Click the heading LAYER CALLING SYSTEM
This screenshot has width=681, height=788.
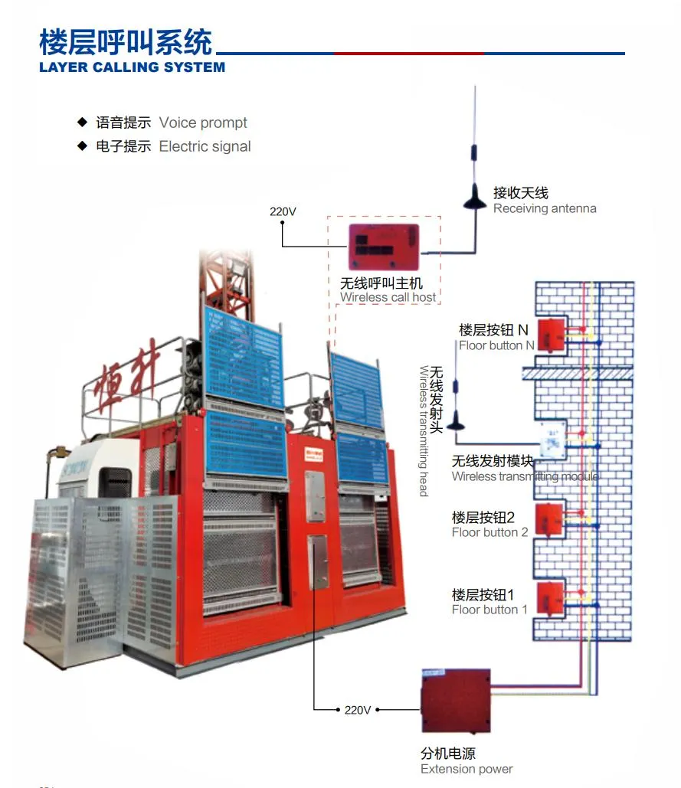pos(132,67)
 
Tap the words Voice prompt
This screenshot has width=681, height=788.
pos(203,123)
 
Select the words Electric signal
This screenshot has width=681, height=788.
pos(205,146)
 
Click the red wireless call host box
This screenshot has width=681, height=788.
pos(385,246)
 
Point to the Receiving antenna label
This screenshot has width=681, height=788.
pos(544,208)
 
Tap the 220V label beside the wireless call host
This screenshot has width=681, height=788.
pos(283,211)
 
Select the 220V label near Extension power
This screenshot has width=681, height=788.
pos(357,710)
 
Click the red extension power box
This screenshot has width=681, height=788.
pos(456,700)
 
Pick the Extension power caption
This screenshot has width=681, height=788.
pos(467,769)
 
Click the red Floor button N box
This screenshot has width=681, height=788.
pos(551,334)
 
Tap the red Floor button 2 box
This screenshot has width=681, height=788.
pos(548,518)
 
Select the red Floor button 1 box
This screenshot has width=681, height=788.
pos(548,597)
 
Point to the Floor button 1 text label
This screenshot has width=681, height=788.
pos(489,610)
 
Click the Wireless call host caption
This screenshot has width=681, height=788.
pos(388,297)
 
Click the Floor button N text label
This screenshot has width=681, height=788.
pos(496,345)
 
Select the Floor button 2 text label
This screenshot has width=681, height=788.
pos(489,532)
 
